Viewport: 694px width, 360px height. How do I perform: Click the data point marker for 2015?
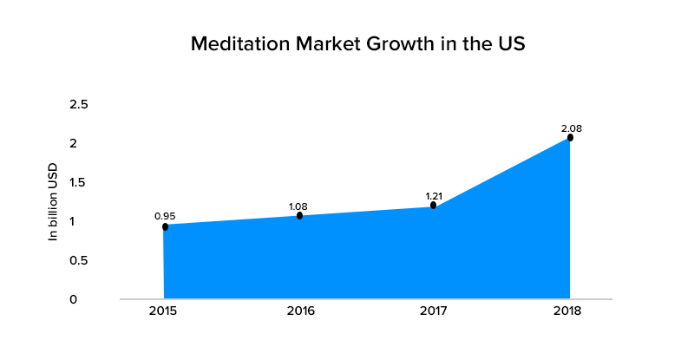point(165,226)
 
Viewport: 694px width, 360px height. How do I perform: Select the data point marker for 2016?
point(299,215)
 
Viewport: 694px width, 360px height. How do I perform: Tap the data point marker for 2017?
point(433,206)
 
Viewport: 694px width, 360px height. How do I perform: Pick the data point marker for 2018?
point(570,137)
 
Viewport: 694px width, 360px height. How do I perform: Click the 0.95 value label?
point(164,215)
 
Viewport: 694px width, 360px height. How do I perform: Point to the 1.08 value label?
point(298,206)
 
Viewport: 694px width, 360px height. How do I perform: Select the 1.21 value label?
point(434,196)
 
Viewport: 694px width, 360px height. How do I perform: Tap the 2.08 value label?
point(571,128)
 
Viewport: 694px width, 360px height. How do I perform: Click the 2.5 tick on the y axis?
point(79,104)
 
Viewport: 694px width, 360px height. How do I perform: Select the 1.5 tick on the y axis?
point(79,182)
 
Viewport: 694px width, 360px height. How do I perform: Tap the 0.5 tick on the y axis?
point(79,260)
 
